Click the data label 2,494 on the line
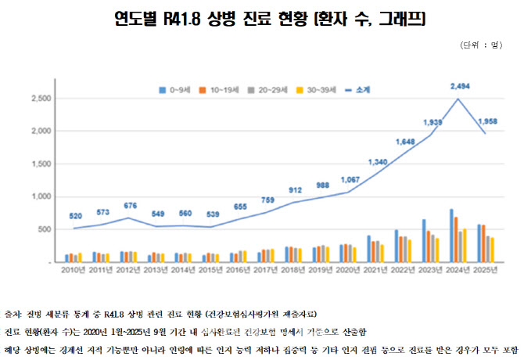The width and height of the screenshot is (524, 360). pyautogui.click(x=461, y=85)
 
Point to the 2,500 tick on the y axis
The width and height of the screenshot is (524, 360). pyautogui.click(x=41, y=99)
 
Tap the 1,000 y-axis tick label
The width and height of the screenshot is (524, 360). pyautogui.click(x=41, y=197)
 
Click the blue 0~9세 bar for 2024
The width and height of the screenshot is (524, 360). pyautogui.click(x=451, y=236)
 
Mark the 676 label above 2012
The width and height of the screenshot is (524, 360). pyautogui.click(x=131, y=205)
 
